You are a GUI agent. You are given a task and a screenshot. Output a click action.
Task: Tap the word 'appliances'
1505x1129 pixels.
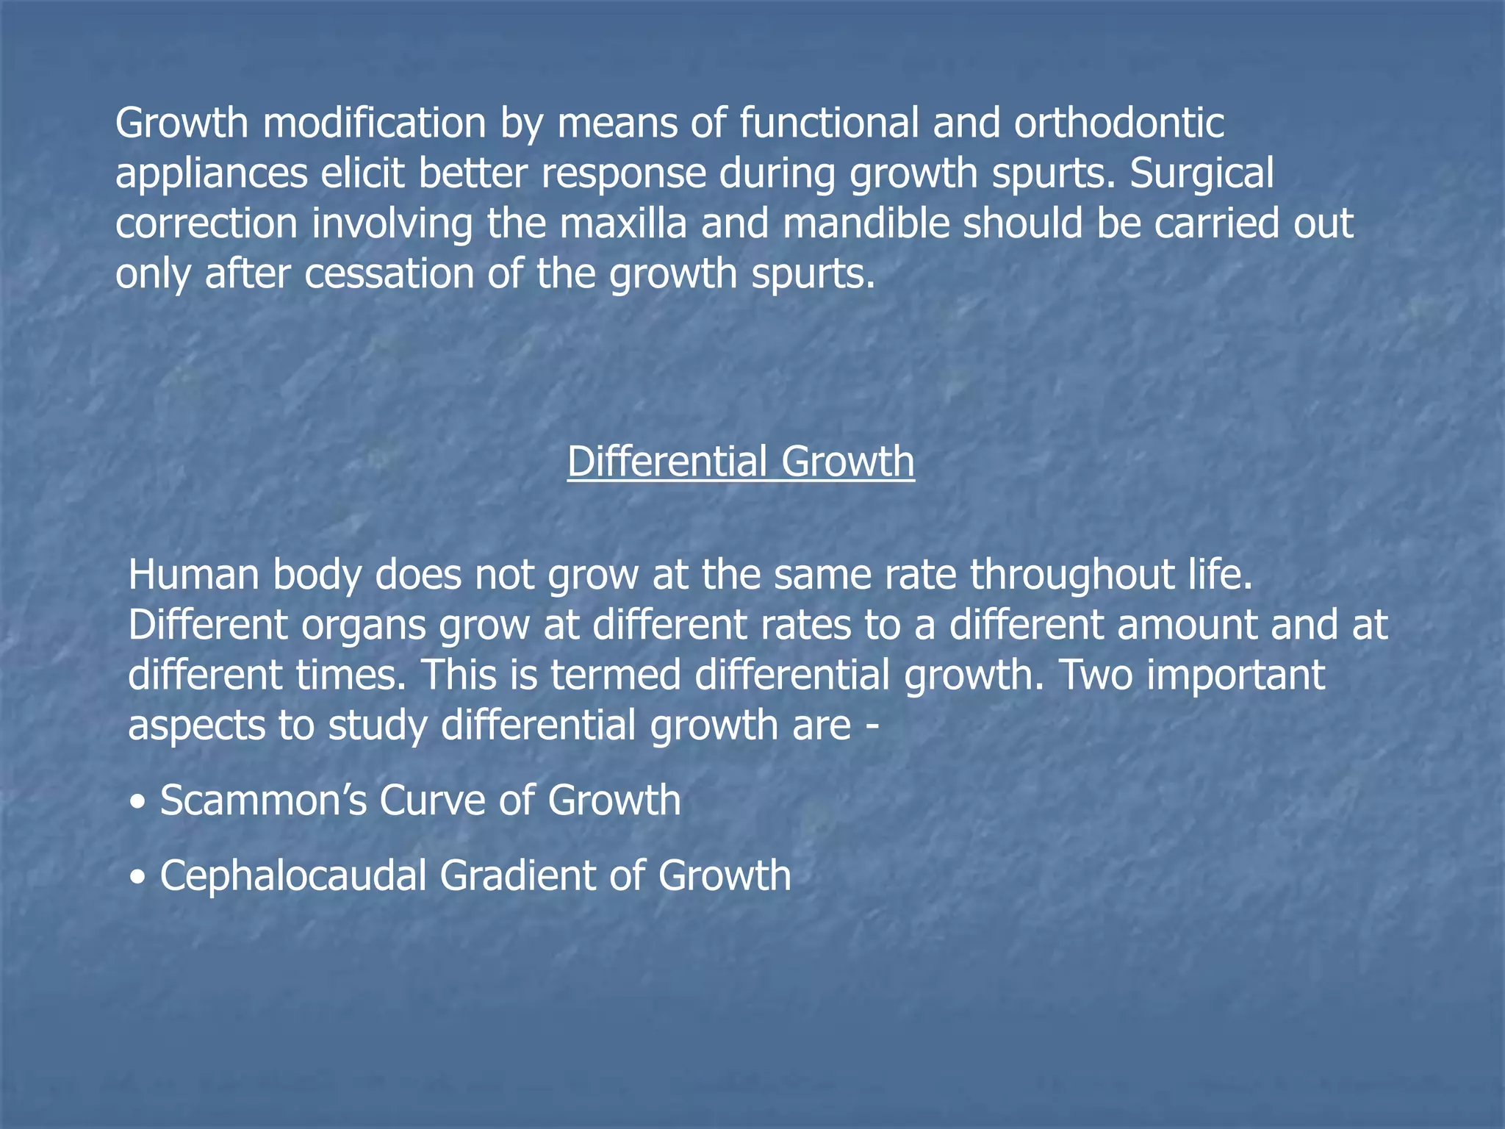click(x=212, y=174)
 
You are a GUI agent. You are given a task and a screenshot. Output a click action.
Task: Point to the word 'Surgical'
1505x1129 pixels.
click(x=1202, y=173)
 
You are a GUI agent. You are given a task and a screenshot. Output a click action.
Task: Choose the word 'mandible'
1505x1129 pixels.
click(x=866, y=223)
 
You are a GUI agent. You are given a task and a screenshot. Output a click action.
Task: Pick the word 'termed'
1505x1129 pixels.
click(x=616, y=675)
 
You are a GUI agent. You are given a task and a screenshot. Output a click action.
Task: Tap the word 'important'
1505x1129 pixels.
click(x=1235, y=675)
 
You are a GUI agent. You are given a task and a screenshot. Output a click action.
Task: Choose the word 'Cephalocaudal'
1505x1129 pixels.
click(x=293, y=876)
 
